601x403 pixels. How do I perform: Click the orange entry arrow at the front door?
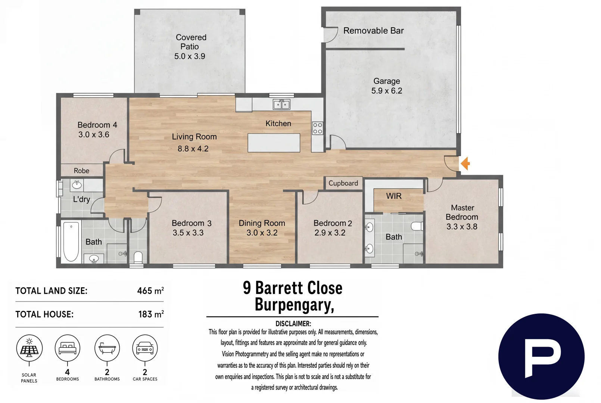coord(465,163)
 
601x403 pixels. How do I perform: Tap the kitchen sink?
coord(281,104)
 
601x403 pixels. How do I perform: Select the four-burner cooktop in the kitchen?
coord(317,128)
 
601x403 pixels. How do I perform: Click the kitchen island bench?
coord(274,143)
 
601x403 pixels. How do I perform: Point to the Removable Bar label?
coord(373,31)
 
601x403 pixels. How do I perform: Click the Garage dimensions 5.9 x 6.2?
coord(387,91)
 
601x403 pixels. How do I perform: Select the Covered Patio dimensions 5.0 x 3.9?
coord(190,56)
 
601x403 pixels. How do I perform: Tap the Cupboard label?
coord(343,183)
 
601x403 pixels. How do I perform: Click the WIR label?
coord(394,196)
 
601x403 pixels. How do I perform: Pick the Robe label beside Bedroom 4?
coord(81,171)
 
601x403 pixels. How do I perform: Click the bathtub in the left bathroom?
coord(71,241)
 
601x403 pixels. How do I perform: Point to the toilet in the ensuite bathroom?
coord(417,226)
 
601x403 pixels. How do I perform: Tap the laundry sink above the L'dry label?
coord(77,184)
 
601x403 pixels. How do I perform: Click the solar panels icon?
coord(29,348)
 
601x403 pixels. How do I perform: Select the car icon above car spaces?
coord(145,348)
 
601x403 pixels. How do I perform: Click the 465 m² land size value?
coord(150,291)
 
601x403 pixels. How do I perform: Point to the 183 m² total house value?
coord(151,314)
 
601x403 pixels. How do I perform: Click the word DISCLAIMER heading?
coord(293,324)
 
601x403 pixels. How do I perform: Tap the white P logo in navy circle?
coord(541,356)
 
